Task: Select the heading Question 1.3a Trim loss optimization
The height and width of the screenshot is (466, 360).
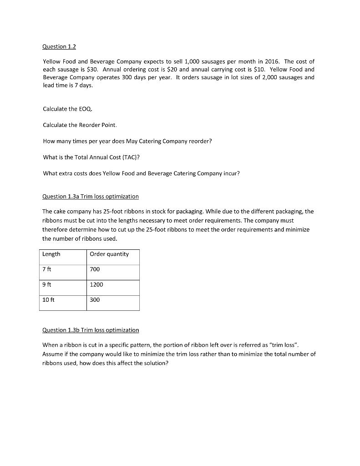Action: pos(91,196)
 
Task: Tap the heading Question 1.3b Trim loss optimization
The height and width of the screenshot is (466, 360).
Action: pos(91,329)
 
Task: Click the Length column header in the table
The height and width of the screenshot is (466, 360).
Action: pos(51,254)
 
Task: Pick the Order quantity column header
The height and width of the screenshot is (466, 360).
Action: pos(109,254)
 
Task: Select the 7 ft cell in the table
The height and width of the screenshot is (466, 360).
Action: pos(47,269)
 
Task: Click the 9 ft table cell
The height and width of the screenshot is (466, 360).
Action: pos(47,284)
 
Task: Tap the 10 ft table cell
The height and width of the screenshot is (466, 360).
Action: pos(49,300)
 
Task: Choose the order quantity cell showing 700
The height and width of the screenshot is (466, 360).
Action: pos(95,269)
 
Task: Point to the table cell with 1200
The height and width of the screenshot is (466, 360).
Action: pos(96,284)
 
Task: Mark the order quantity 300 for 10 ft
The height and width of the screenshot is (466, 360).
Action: pos(95,300)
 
